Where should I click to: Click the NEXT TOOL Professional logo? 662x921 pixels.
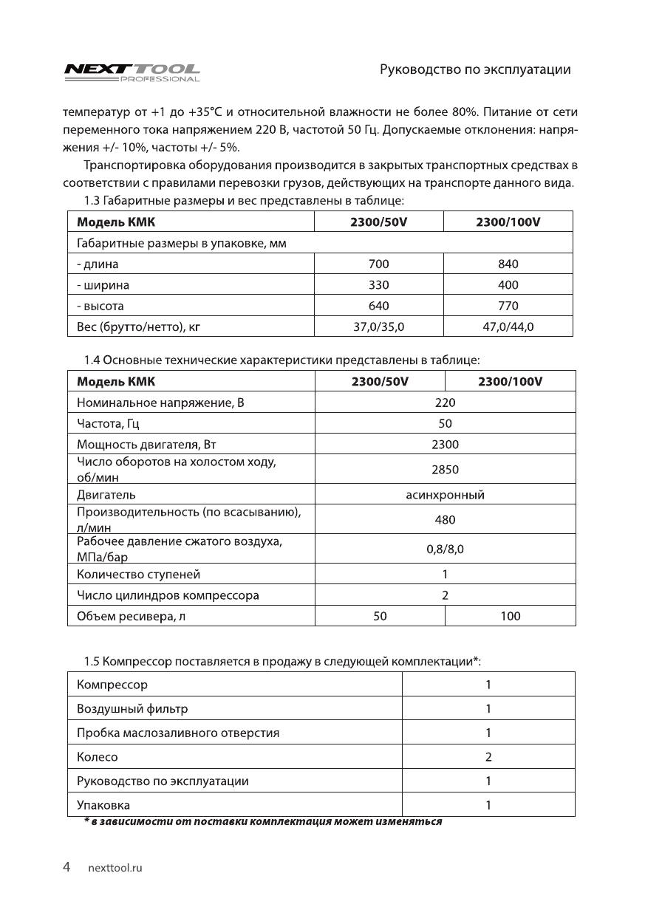click(x=132, y=72)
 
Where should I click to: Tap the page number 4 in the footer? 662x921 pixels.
click(x=66, y=867)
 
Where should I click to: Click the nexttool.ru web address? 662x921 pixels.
click(x=115, y=869)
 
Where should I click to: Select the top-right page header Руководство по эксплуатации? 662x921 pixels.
click(x=475, y=70)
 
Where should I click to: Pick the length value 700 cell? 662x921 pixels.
click(x=378, y=264)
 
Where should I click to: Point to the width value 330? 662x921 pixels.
click(x=378, y=284)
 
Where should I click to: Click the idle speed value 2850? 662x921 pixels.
click(x=445, y=469)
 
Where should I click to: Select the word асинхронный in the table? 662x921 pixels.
click(x=445, y=494)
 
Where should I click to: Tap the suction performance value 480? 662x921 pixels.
click(x=445, y=519)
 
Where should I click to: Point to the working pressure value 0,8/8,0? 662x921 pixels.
click(x=445, y=549)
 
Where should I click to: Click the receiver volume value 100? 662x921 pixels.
click(x=510, y=615)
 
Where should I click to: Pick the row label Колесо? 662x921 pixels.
click(x=98, y=757)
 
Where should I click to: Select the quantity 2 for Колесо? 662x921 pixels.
click(x=488, y=757)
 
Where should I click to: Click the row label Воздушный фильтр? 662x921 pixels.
click(x=132, y=709)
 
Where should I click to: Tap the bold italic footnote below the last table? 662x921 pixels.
click(x=262, y=822)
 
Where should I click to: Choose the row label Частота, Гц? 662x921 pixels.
click(x=109, y=423)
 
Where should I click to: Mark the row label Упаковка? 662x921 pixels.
click(x=103, y=805)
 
